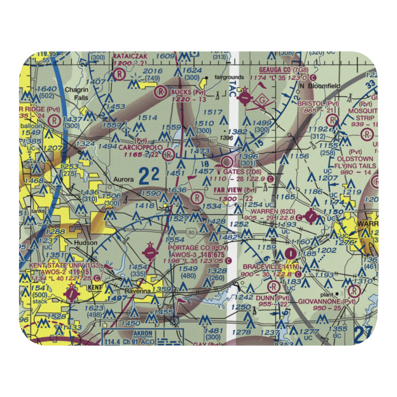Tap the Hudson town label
[85, 243]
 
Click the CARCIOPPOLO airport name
[141, 147]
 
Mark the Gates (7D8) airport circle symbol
[227, 162]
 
